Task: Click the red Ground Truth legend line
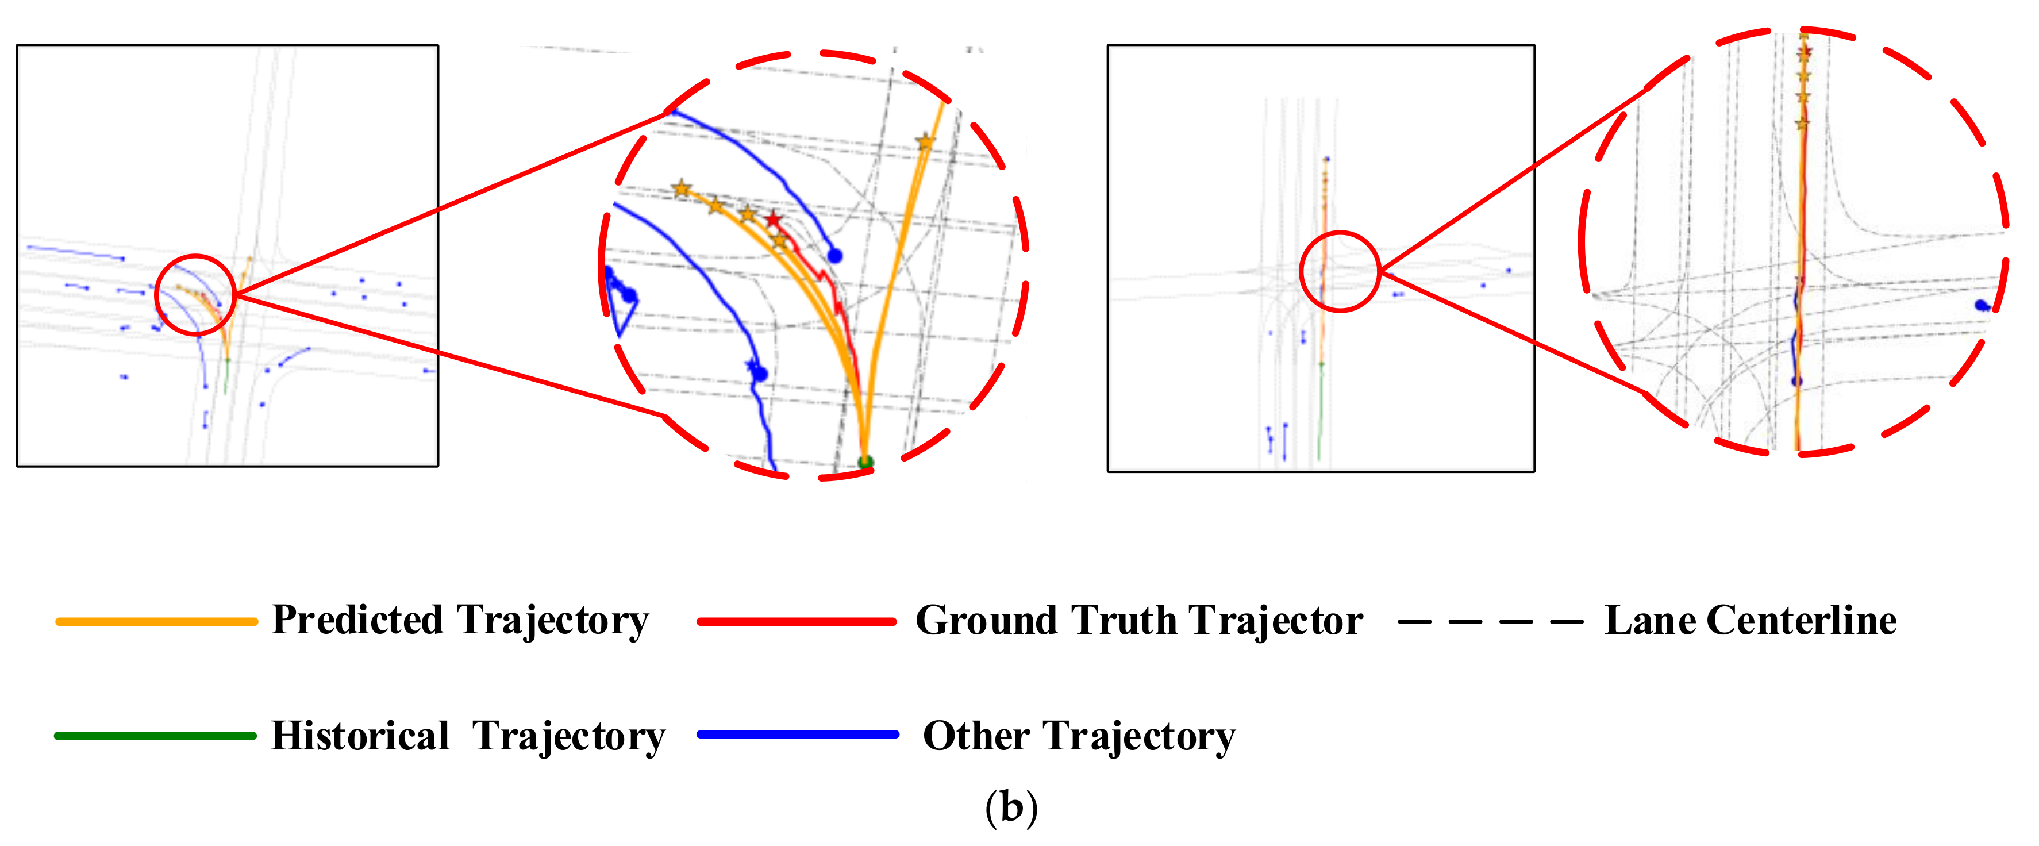[x=797, y=622]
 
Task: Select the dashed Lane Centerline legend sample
[x=1490, y=622]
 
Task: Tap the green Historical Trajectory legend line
[x=155, y=736]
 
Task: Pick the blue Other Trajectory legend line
[x=798, y=735]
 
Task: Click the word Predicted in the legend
[x=358, y=620]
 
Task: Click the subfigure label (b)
[x=1011, y=807]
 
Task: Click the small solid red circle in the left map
[x=195, y=294]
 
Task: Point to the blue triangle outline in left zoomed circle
[x=621, y=305]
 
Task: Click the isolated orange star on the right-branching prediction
[x=925, y=143]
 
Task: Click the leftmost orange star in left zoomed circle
[x=682, y=189]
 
